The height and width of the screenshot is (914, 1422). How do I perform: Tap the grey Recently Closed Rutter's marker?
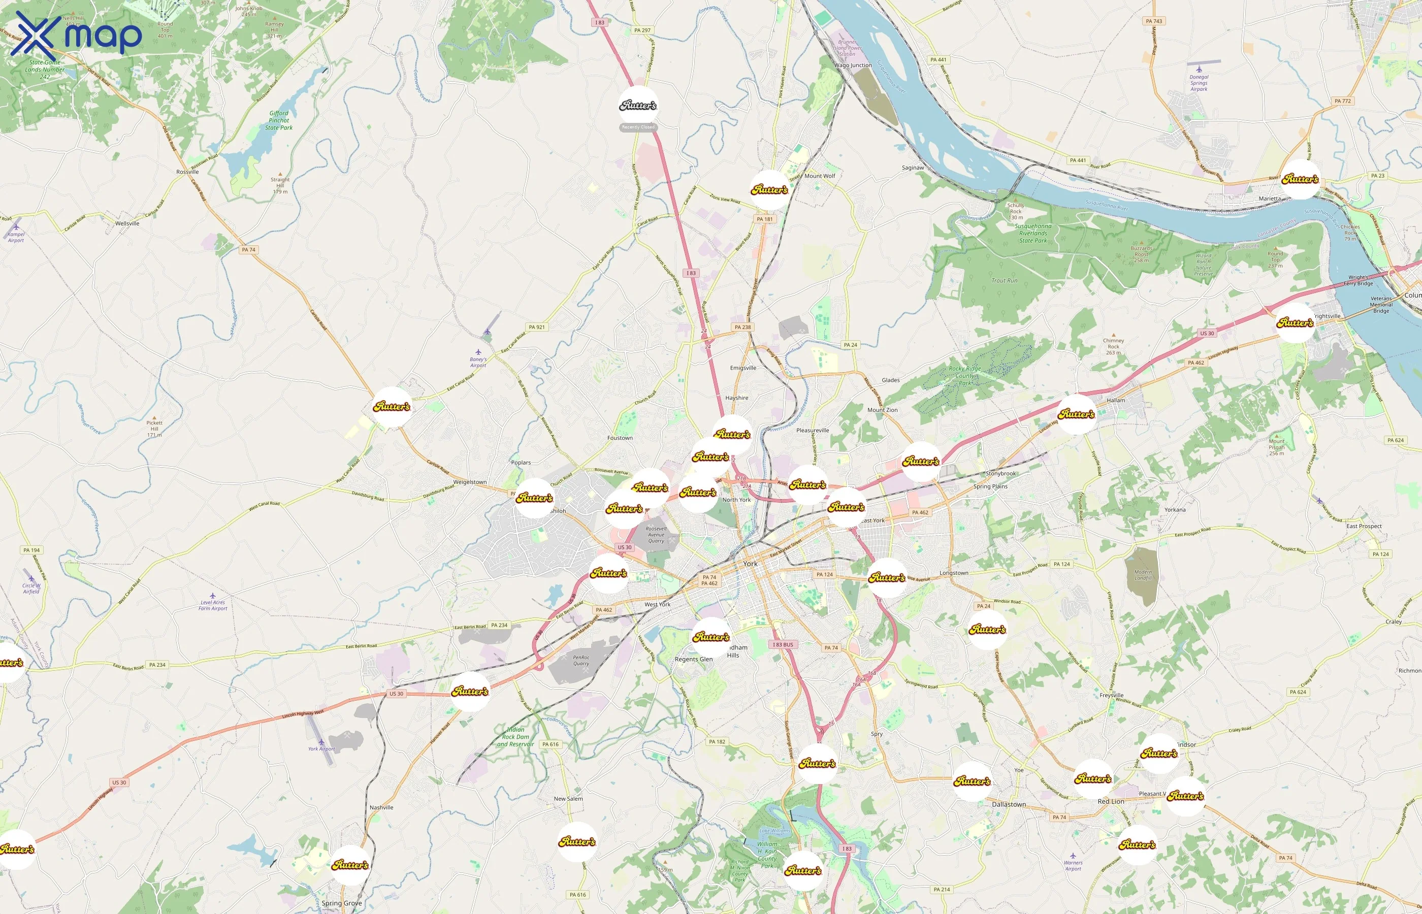[x=638, y=106]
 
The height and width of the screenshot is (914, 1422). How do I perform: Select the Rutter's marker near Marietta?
[x=1300, y=179]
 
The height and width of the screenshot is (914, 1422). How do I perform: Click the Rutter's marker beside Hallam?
[x=1076, y=414]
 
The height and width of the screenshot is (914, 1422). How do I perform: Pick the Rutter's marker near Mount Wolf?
[x=769, y=190]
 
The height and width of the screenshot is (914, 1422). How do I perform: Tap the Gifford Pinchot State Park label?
[x=279, y=120]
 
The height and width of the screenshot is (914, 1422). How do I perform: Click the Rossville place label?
[x=187, y=172]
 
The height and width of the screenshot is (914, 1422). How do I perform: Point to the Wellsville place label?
[x=127, y=223]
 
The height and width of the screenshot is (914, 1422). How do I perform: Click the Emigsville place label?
[x=743, y=368]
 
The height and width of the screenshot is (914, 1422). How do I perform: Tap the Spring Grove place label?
[x=341, y=903]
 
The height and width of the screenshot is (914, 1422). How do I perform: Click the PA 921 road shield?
[x=536, y=327]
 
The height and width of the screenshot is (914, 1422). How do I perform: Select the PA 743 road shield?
[x=1154, y=21]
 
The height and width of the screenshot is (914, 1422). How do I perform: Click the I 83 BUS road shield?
[x=783, y=644]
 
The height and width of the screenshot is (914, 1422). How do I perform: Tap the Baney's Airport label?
[x=478, y=362]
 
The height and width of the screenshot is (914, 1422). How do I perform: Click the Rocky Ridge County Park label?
[x=964, y=376]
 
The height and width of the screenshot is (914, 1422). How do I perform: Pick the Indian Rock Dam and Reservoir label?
[x=515, y=737]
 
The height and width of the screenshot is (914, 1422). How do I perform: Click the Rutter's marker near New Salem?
[x=577, y=841]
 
